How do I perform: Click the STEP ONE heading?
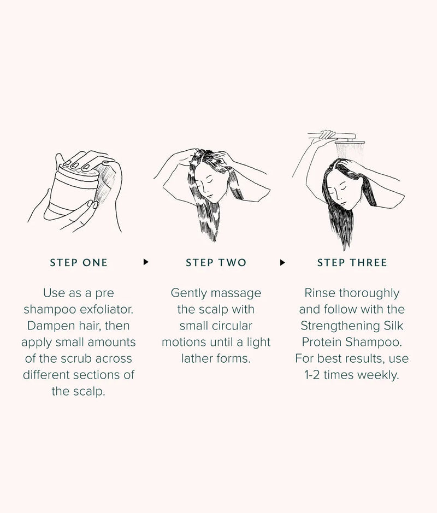tap(79, 263)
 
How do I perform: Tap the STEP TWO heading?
tap(216, 263)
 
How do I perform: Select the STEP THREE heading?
tap(352, 263)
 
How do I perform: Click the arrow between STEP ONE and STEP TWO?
tap(146, 262)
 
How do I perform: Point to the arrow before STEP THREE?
tap(282, 262)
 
